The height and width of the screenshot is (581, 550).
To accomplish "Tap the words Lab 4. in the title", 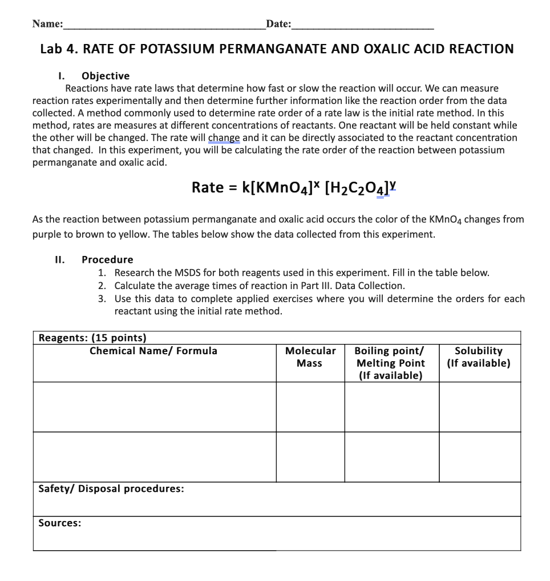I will [x=59, y=49].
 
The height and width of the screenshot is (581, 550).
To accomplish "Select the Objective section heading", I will [x=106, y=76].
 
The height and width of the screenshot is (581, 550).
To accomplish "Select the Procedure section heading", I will [x=107, y=259].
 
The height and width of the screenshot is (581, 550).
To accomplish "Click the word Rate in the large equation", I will [x=207, y=187].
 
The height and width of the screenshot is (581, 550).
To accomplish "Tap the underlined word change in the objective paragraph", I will [x=224, y=138].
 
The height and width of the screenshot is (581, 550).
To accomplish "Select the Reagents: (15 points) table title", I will [x=92, y=338].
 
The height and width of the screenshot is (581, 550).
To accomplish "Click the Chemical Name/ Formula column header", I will [x=153, y=351].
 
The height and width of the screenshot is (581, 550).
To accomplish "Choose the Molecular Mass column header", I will [x=310, y=357].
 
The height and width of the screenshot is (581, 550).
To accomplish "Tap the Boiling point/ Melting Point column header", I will [x=391, y=363].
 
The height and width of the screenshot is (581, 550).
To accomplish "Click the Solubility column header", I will [x=479, y=357].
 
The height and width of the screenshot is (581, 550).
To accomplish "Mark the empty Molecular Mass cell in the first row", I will [x=310, y=407].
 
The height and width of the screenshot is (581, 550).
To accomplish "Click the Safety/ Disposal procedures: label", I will [x=111, y=489].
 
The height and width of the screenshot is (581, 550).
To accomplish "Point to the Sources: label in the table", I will [x=59, y=523].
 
